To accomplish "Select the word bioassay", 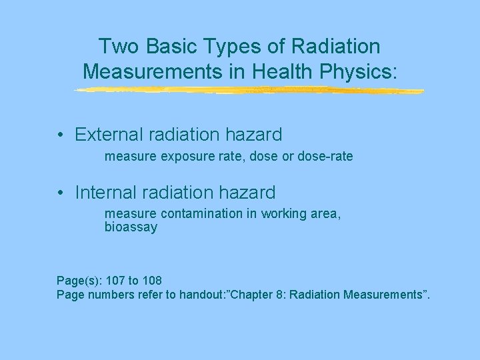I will tap(131, 227).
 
